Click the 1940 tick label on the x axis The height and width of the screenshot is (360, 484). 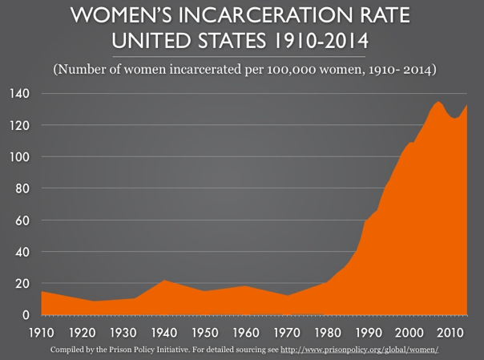165,332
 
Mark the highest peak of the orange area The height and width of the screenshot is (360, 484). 438,103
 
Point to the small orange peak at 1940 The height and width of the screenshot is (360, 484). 163,281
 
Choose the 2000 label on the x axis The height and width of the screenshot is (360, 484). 409,332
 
